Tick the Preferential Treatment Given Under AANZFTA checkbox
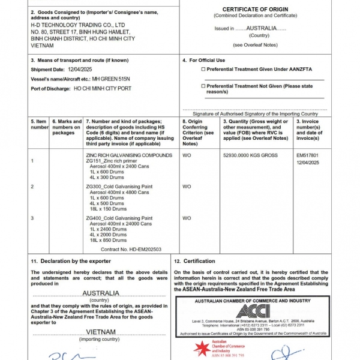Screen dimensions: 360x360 pyautogui.click(x=203, y=70)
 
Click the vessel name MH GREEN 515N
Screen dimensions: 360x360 pyautogui.click(x=110, y=79)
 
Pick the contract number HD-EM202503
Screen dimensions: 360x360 pyautogui.click(x=143, y=248)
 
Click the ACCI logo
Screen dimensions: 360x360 pyautogui.click(x=253, y=311)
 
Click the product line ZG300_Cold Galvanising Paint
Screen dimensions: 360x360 pyautogui.click(x=119, y=187)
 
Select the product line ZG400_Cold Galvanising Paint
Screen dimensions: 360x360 pyautogui.click(x=119, y=218)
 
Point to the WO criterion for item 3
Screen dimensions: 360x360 pyautogui.click(x=187, y=218)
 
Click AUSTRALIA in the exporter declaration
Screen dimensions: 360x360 pyautogui.click(x=100, y=293)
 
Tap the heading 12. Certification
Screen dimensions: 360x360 pyautogui.click(x=194, y=261)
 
